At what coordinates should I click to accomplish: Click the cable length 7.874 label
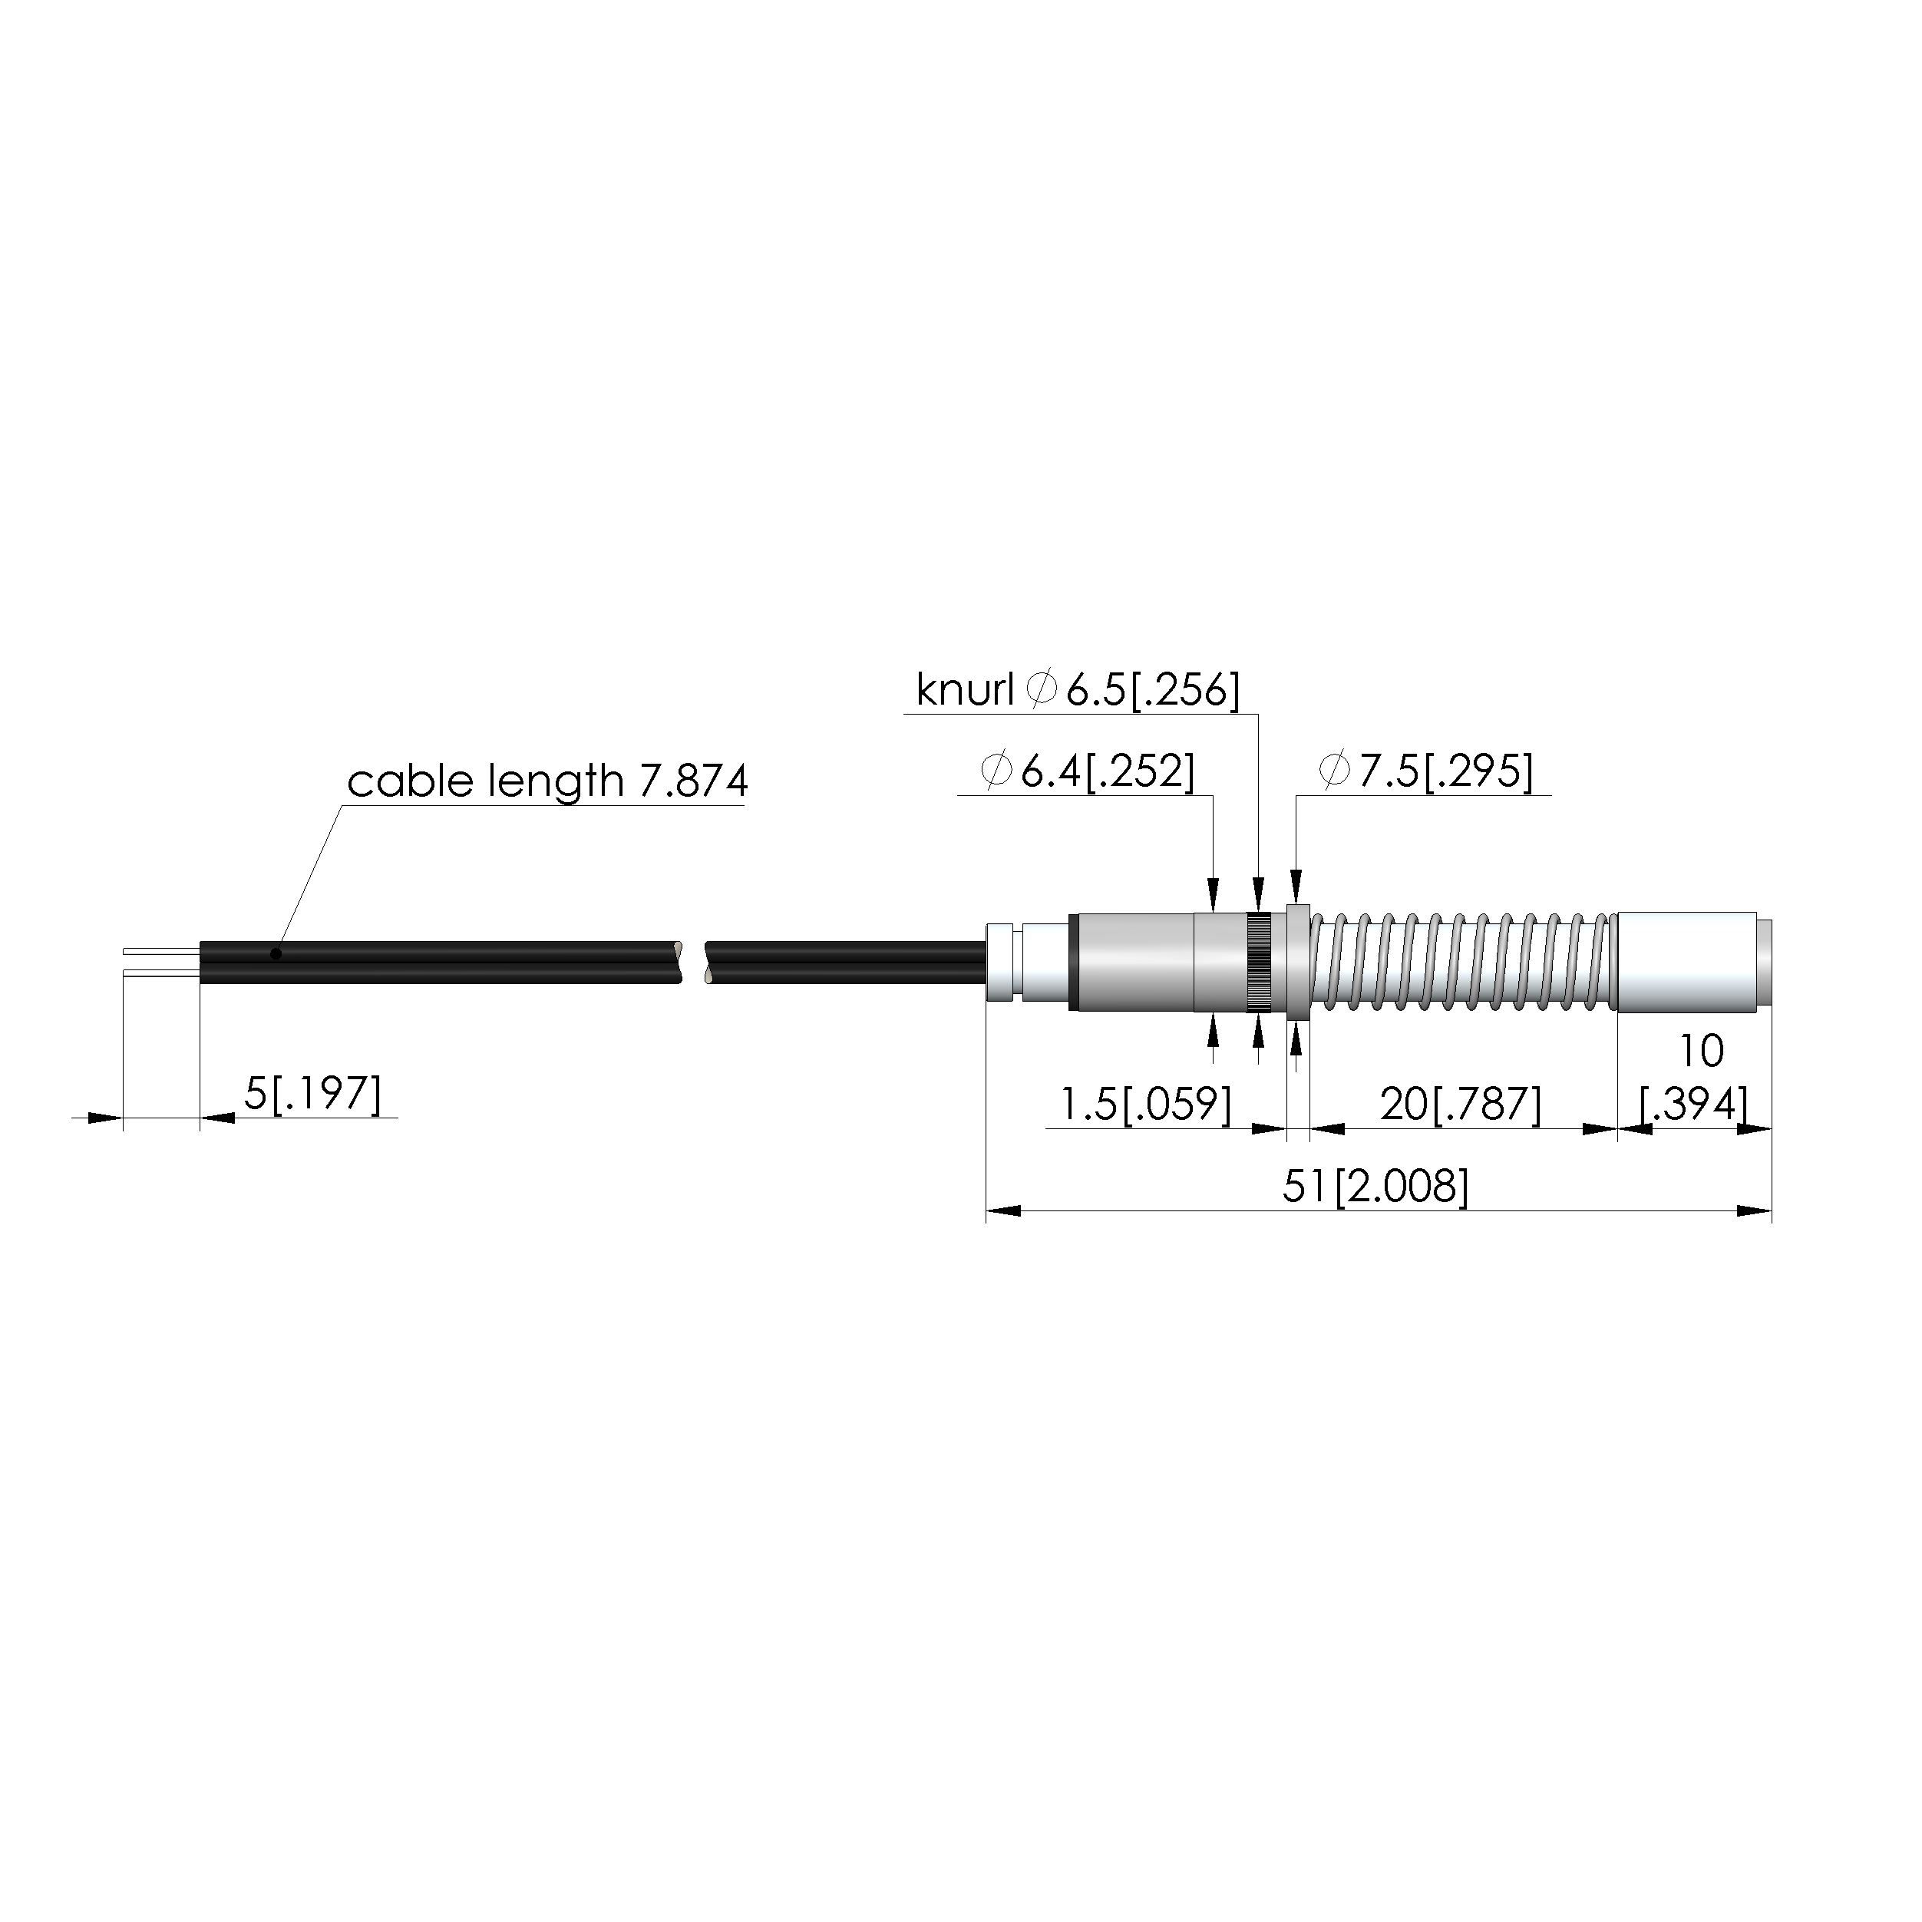(x=547, y=781)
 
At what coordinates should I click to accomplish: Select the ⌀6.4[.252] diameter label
(x=1088, y=771)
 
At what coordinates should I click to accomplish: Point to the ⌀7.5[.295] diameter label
(x=1425, y=771)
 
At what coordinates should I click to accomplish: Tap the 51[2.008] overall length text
(x=1375, y=1186)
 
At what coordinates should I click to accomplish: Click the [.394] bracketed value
(x=1693, y=1105)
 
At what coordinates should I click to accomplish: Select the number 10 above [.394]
(x=1700, y=1051)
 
